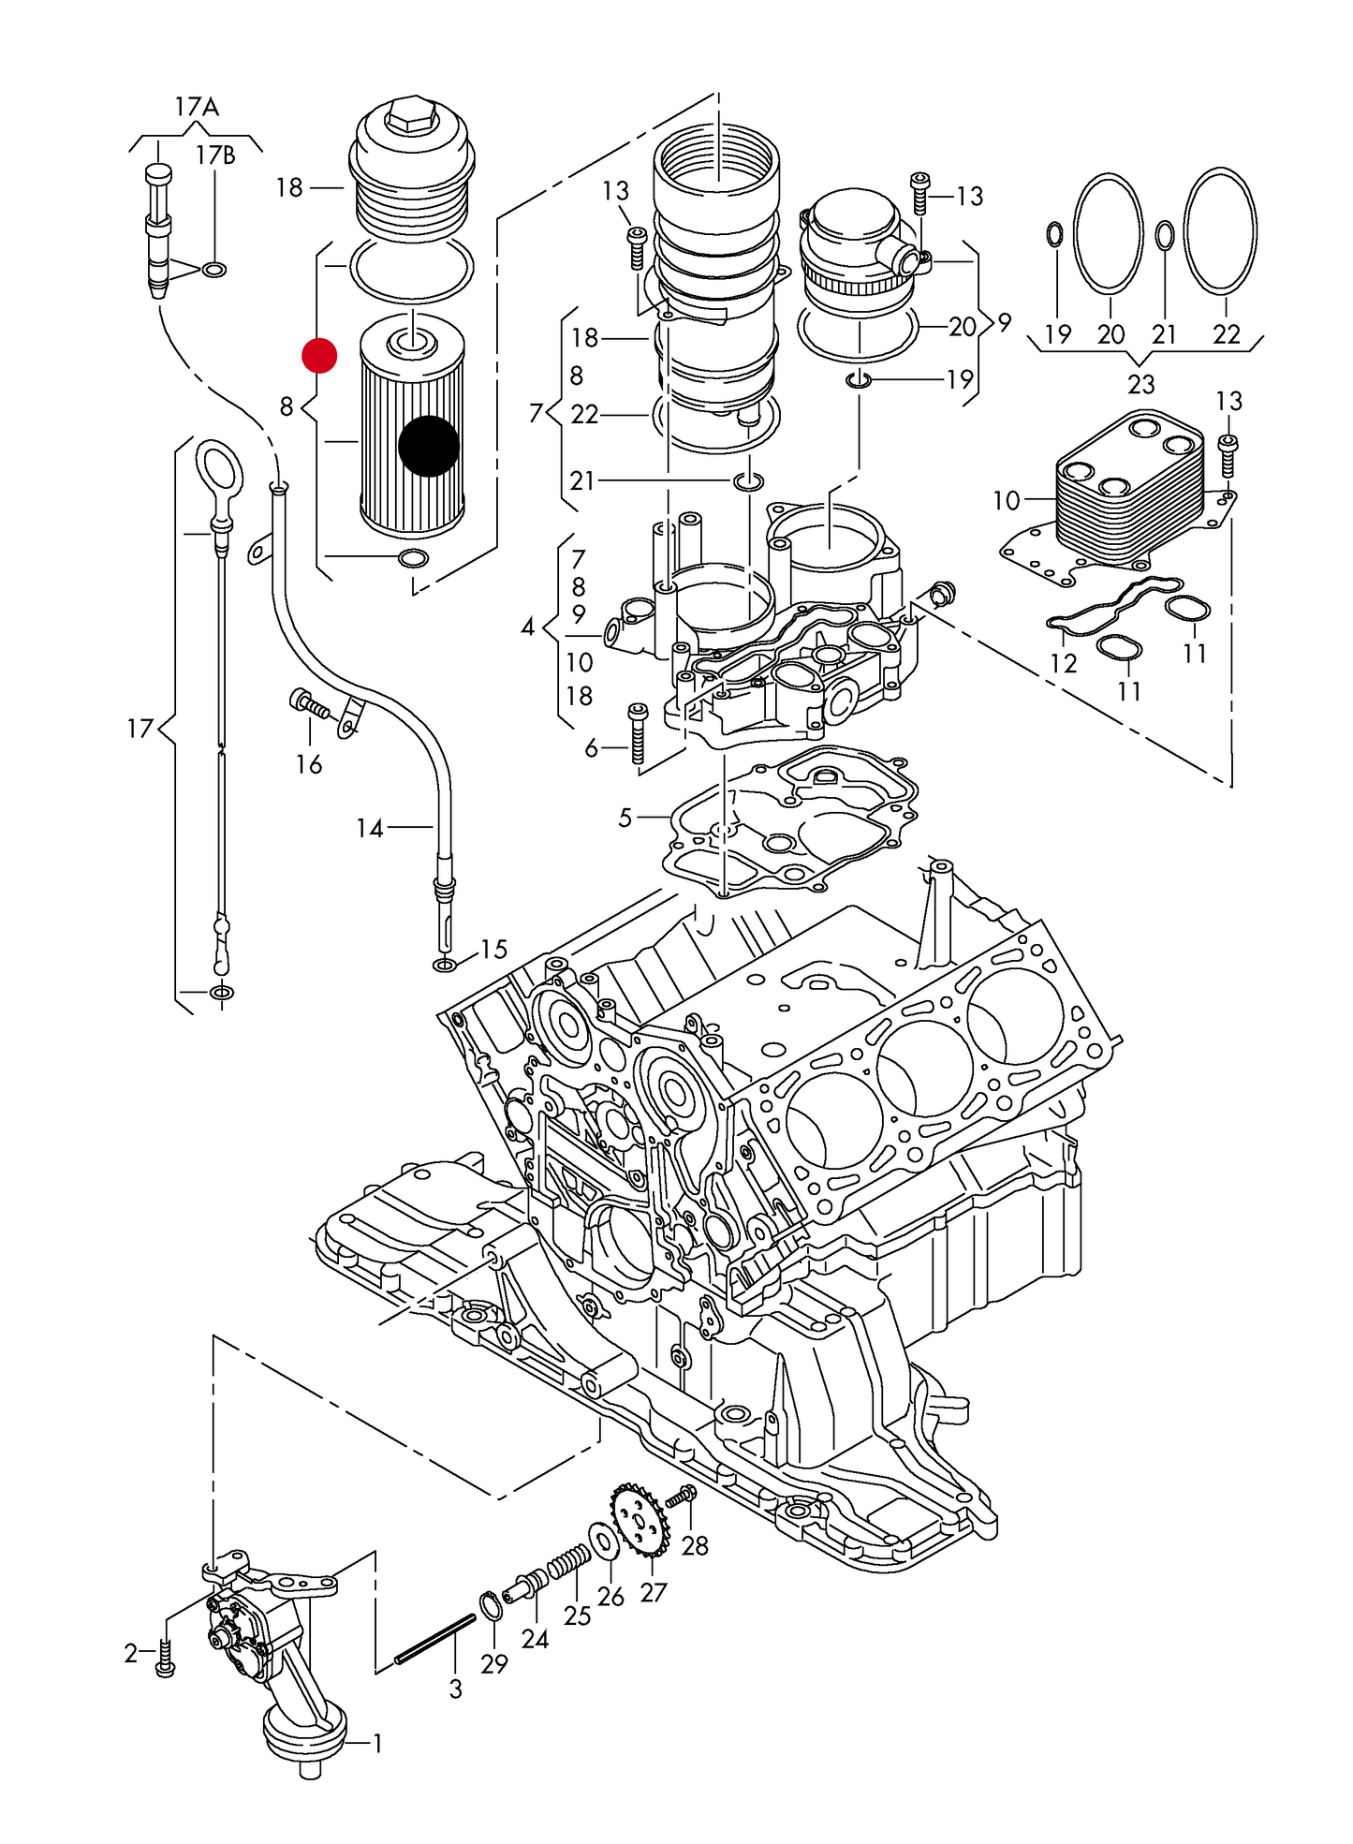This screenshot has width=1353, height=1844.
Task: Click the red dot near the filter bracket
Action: (319, 355)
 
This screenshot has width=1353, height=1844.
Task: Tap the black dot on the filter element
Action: (429, 446)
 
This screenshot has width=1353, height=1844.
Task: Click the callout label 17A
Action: (197, 107)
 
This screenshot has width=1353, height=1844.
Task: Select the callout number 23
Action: (1140, 384)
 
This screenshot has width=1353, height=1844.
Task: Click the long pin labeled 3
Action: (435, 1640)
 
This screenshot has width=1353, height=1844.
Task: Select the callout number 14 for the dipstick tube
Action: (369, 828)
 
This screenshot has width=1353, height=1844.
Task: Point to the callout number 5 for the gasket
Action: (625, 818)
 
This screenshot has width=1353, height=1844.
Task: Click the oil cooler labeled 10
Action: (1128, 492)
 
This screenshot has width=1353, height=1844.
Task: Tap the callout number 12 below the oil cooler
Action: (1063, 663)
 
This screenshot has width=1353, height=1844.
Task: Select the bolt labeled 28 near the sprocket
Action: (681, 1497)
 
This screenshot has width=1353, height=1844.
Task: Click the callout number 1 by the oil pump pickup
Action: (376, 1743)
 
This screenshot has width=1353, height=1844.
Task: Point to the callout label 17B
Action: (215, 155)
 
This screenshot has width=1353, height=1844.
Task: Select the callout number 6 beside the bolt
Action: (591, 747)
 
